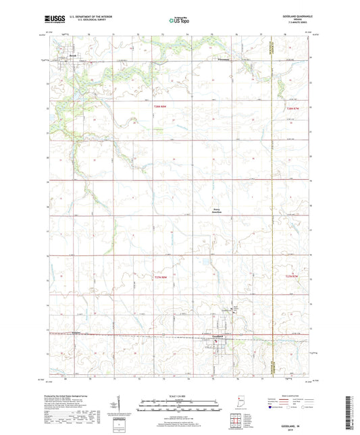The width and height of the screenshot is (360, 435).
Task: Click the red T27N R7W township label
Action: tap(292, 277)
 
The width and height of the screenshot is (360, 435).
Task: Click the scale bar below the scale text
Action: tap(180, 407)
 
